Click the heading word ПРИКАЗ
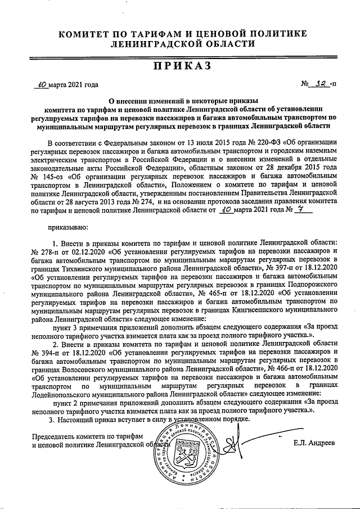click(x=181, y=66)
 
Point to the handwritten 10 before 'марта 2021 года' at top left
click(x=40, y=85)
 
